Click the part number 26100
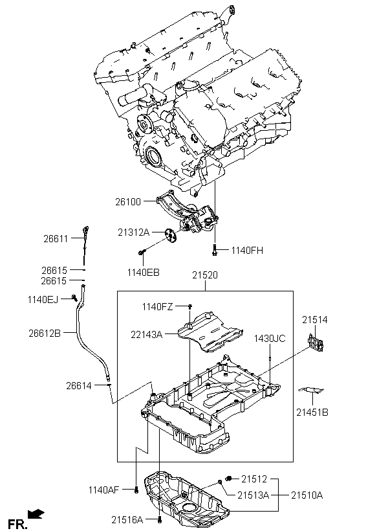[127, 202]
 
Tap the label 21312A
[133, 232]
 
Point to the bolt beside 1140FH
[213, 249]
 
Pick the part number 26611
[56, 238]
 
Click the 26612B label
[45, 333]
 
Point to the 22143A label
[147, 334]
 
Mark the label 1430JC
[269, 338]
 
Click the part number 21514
[315, 319]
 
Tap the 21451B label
[312, 412]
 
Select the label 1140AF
[104, 490]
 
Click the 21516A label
[126, 519]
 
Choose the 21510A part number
[307, 495]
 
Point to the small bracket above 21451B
[312, 390]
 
